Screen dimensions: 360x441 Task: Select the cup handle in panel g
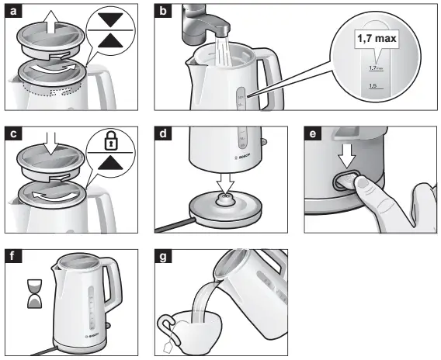coord(165,325)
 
